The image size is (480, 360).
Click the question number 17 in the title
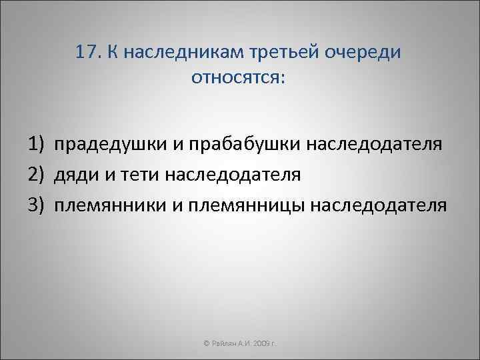pos(88,53)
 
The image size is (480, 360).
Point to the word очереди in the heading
pos(365,53)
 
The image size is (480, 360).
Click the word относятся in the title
pos(237,78)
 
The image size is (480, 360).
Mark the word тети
pos(135,174)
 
